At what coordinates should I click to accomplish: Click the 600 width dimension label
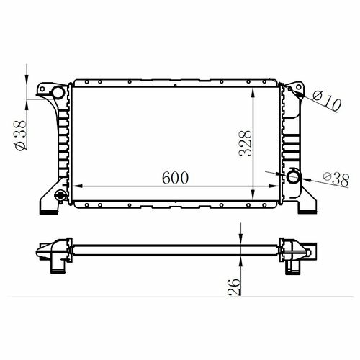176,178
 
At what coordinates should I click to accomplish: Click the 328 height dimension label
246,143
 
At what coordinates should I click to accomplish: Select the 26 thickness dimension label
234,287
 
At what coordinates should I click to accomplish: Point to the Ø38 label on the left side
20,135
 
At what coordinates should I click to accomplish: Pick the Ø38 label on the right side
336,179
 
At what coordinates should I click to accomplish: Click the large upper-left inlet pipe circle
58,93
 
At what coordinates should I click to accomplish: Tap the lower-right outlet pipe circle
293,177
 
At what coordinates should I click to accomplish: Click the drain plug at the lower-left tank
60,195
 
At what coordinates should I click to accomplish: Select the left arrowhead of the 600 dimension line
77,186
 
